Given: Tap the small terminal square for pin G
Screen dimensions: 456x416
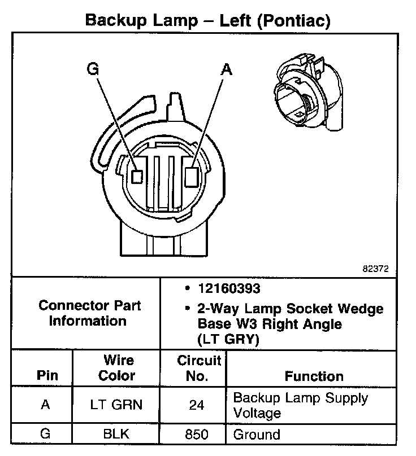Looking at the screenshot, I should [136, 176].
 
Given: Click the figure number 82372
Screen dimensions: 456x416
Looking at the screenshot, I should [375, 269].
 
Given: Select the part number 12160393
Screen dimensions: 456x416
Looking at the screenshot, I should [229, 289].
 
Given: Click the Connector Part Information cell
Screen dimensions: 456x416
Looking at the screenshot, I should [90, 313].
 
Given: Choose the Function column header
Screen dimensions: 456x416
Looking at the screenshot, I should [314, 376].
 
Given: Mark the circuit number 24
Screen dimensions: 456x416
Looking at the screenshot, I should [193, 405].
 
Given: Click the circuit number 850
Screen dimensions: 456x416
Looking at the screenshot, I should [193, 435].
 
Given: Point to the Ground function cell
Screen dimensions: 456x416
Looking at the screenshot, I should [257, 435].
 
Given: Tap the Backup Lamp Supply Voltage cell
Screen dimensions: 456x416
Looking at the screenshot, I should [300, 405].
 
